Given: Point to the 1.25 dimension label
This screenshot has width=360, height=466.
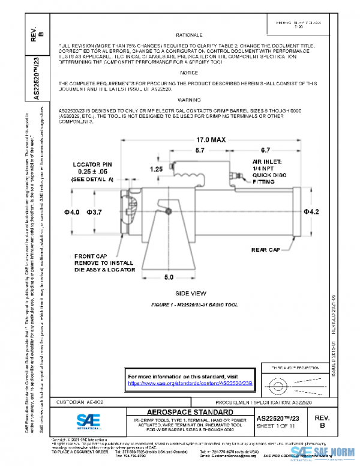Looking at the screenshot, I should (157, 169).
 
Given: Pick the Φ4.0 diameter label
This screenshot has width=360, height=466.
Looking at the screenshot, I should (72, 212).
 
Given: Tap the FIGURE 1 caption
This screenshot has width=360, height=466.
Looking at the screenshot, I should (194, 305).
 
